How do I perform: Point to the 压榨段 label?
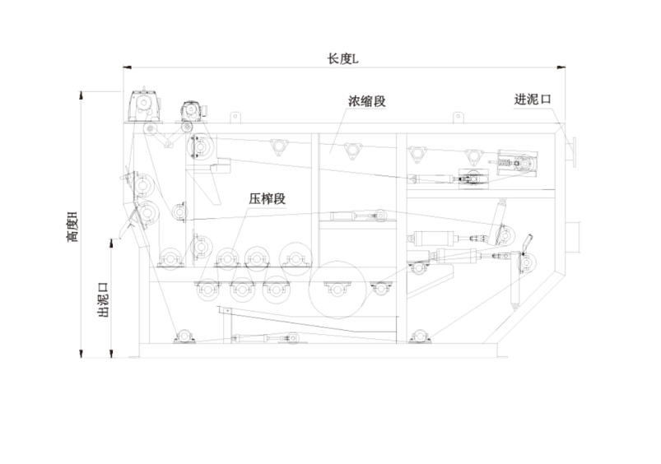[267, 199]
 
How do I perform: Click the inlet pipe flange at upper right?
[573, 146]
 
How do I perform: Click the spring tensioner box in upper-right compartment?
[517, 162]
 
